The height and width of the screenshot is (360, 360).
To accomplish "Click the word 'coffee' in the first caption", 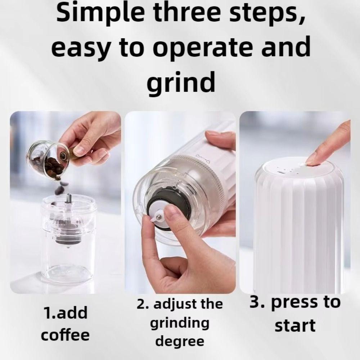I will coord(65,335).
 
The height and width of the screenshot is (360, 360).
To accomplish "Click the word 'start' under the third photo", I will coord(294,325).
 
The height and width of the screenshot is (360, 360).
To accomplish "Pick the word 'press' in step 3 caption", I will coord(293,302).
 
